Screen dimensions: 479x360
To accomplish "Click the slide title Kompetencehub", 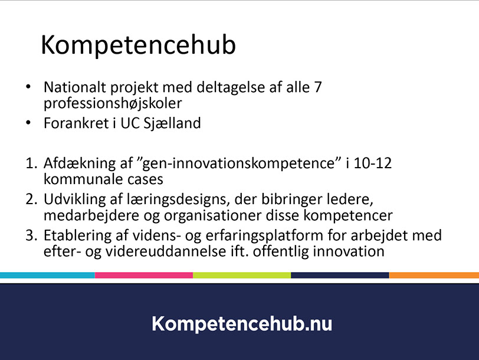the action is point(138,45).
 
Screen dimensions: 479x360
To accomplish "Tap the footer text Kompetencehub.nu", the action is point(242,324).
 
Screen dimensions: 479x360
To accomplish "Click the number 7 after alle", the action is point(318,87).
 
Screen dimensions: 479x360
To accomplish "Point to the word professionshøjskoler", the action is point(113,104).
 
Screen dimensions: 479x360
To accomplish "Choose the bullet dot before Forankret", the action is point(28,123).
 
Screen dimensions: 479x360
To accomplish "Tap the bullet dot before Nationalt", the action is point(28,87).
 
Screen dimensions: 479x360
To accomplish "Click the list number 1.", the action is point(31,163).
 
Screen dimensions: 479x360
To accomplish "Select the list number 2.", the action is point(31,199).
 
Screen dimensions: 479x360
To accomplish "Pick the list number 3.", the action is point(31,235).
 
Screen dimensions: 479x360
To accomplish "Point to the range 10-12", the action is point(372,163).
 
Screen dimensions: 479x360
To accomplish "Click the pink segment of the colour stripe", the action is point(144,275).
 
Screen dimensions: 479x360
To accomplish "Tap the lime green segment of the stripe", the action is point(242,275).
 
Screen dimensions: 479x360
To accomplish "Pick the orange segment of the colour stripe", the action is point(434,275).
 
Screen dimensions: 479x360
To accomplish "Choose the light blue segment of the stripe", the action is point(47,275).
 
